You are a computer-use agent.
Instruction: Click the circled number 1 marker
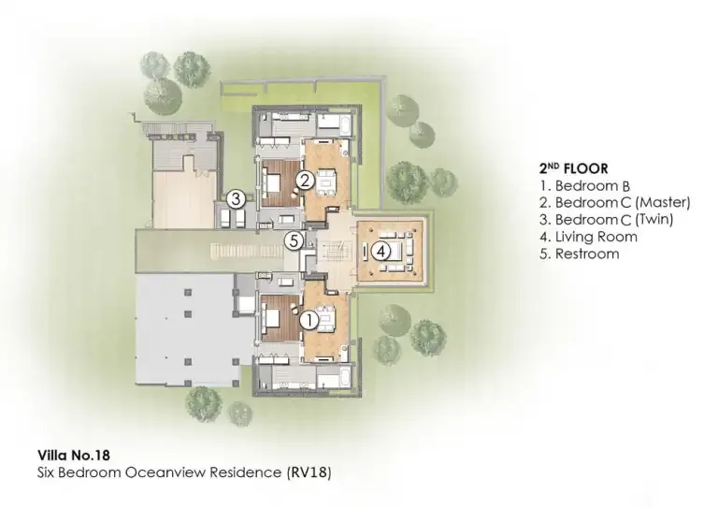[310, 318]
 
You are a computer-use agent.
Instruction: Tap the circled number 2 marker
[303, 180]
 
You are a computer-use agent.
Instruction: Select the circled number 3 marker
[237, 198]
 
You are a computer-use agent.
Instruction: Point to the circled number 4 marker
[381, 251]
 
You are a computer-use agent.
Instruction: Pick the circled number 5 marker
[294, 240]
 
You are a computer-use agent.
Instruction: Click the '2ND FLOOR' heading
[573, 168]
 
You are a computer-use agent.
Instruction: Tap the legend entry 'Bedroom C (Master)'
[614, 203]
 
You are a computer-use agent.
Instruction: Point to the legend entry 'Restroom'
[579, 254]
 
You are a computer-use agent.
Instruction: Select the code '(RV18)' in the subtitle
[308, 472]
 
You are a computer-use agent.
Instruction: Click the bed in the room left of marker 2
[277, 182]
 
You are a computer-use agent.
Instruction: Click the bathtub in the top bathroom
[333, 123]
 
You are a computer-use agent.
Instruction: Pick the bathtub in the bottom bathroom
[333, 379]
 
